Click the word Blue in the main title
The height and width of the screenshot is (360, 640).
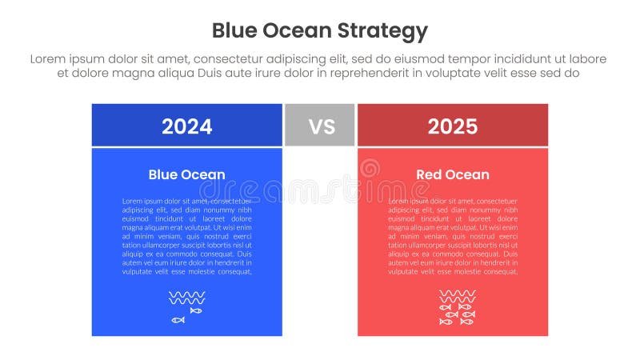tap(235, 31)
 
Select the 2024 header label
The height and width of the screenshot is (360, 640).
tap(186, 126)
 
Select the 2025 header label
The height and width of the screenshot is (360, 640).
tap(452, 126)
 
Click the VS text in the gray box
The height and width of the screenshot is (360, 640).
tap(320, 126)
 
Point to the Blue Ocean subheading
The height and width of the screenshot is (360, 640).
tap(186, 174)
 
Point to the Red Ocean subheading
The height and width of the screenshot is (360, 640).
tap(452, 174)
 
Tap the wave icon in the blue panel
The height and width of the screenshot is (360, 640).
tap(186, 298)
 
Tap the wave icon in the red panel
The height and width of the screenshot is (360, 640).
tap(457, 295)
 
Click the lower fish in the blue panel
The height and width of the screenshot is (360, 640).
tap(178, 320)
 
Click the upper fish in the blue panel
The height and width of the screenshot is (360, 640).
tap(196, 310)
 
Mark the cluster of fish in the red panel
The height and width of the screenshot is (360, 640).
tap(457, 314)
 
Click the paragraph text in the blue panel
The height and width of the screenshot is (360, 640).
tap(186, 236)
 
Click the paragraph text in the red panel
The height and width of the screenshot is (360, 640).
tap(452, 236)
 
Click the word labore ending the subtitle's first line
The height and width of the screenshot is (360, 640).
tap(586, 59)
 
